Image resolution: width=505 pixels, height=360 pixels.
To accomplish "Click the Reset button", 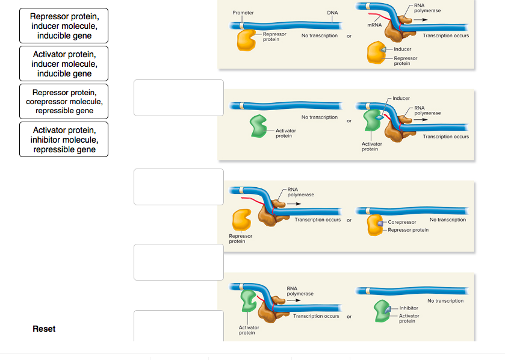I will (44, 329).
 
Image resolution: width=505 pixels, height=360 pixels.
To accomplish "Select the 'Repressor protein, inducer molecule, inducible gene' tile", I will (64, 26).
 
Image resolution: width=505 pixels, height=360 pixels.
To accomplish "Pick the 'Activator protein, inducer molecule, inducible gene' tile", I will (64, 64).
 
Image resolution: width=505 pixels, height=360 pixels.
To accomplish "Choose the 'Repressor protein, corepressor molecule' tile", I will (64, 102).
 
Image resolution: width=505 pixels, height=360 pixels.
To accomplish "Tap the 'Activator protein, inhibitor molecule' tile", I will (64, 140).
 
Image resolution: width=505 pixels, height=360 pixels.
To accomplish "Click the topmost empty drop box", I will (179, 98).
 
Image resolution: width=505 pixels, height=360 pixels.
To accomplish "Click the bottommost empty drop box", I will (179, 326).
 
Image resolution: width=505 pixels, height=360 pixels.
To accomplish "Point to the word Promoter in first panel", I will (243, 13).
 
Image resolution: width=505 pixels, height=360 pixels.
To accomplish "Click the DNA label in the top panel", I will (332, 13).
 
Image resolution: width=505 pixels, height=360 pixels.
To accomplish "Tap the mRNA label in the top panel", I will (374, 25).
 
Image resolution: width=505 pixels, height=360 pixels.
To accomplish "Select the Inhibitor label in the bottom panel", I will (408, 308).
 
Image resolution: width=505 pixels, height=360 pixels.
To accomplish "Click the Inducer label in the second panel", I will (401, 98).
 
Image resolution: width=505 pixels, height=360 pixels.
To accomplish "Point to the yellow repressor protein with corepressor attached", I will (374, 225).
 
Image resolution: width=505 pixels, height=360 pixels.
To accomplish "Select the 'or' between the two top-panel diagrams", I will (349, 36).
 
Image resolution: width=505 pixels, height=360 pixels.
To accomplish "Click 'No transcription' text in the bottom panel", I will (445, 300).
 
